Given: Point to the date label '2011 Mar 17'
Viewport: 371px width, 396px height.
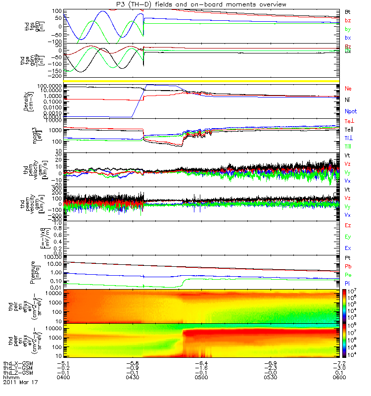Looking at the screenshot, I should [x=20, y=383].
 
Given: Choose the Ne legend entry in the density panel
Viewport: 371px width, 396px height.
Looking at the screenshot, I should [x=348, y=88].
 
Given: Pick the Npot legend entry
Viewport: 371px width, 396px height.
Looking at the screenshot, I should [x=350, y=111].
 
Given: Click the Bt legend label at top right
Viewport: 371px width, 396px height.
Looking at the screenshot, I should [x=348, y=11].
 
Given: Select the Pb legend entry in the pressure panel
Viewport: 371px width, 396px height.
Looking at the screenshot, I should [x=348, y=267].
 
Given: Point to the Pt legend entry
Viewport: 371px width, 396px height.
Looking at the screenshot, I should [x=348, y=258].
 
